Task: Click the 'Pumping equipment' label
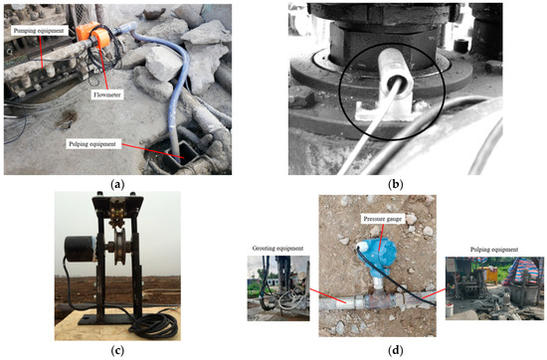[40, 31]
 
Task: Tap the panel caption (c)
[118, 349]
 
